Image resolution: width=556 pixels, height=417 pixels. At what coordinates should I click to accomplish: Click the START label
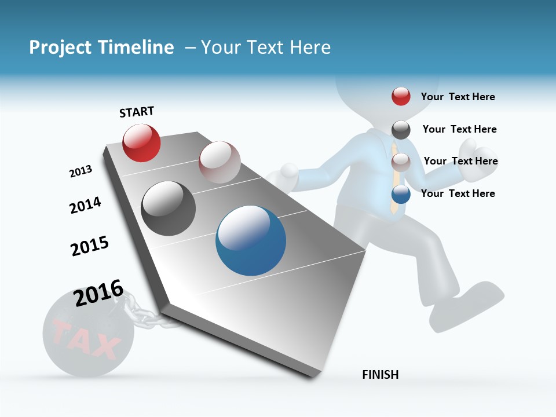pyautogui.click(x=137, y=112)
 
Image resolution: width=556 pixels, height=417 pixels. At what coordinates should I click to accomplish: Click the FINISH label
pyautogui.click(x=380, y=375)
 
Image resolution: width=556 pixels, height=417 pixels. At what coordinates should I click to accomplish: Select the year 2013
pyautogui.click(x=81, y=171)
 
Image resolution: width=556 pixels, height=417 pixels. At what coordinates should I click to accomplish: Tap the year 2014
pyautogui.click(x=85, y=205)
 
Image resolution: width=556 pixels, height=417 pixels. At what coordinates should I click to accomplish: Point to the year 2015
pyautogui.click(x=89, y=246)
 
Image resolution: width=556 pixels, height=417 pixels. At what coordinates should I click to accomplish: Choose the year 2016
pyautogui.click(x=98, y=292)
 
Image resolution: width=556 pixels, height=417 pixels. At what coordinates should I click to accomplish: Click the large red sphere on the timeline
pyautogui.click(x=141, y=142)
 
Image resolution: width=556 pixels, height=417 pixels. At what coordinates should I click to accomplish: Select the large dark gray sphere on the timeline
pyautogui.click(x=168, y=209)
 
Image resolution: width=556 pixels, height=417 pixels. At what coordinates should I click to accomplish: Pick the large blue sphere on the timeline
pyautogui.click(x=251, y=240)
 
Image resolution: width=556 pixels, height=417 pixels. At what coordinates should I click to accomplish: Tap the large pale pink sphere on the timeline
pyautogui.click(x=220, y=162)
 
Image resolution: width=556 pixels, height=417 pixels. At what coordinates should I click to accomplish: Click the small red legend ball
pyautogui.click(x=401, y=96)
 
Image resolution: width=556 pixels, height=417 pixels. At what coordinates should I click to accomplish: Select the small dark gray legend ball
pyautogui.click(x=401, y=130)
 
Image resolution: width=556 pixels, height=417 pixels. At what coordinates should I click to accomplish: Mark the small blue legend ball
pyautogui.click(x=401, y=194)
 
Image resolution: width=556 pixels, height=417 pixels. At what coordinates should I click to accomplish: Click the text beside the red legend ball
pyautogui.click(x=458, y=97)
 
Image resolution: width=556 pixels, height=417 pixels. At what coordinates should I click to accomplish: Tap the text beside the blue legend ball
pyautogui.click(x=458, y=193)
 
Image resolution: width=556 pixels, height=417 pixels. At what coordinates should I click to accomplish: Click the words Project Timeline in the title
pyautogui.click(x=101, y=47)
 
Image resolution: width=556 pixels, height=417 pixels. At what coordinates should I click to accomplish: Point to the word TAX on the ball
pyautogui.click(x=85, y=339)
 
